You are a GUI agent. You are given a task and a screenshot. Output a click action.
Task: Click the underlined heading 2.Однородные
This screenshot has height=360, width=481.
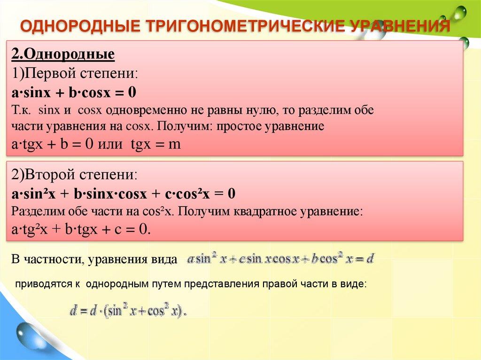coord(63,54)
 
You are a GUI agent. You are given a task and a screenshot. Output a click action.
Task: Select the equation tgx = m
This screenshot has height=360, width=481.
coord(155,145)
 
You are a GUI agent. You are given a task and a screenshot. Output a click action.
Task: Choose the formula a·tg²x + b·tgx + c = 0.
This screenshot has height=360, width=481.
coord(80,229)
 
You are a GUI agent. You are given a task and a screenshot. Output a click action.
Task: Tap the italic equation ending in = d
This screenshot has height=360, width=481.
coord(280,259)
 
